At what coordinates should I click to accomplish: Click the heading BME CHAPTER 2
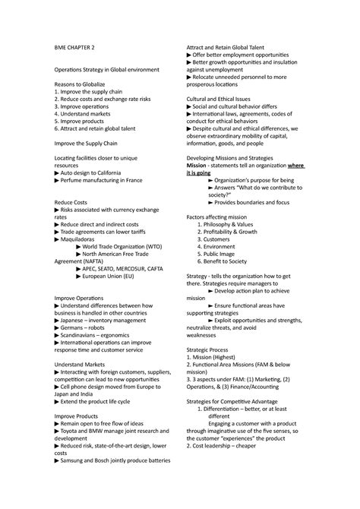pyautogui.click(x=74, y=46)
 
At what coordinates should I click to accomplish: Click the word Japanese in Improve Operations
pyautogui.click(x=75, y=321)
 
